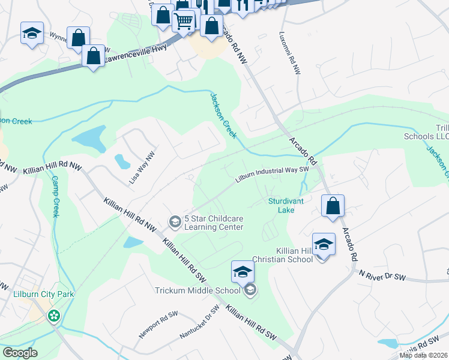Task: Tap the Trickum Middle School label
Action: pos(203,291)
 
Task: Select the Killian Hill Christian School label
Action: pos(294,254)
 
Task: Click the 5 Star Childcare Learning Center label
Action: pos(214,223)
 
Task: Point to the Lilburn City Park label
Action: pos(35,295)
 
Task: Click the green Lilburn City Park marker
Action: pos(55,315)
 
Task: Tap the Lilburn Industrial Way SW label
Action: pos(271,173)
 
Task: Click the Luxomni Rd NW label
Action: pos(289,53)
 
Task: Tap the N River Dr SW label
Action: pos(382,275)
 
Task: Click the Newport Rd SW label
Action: pos(158,322)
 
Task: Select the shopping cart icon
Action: pos(184,22)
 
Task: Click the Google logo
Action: pos(20,353)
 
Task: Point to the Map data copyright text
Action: pos(424,355)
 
